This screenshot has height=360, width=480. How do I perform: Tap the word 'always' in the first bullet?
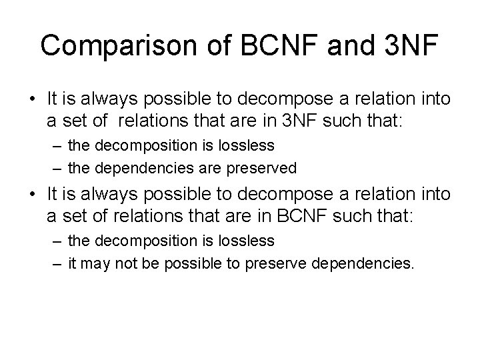point(95,99)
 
